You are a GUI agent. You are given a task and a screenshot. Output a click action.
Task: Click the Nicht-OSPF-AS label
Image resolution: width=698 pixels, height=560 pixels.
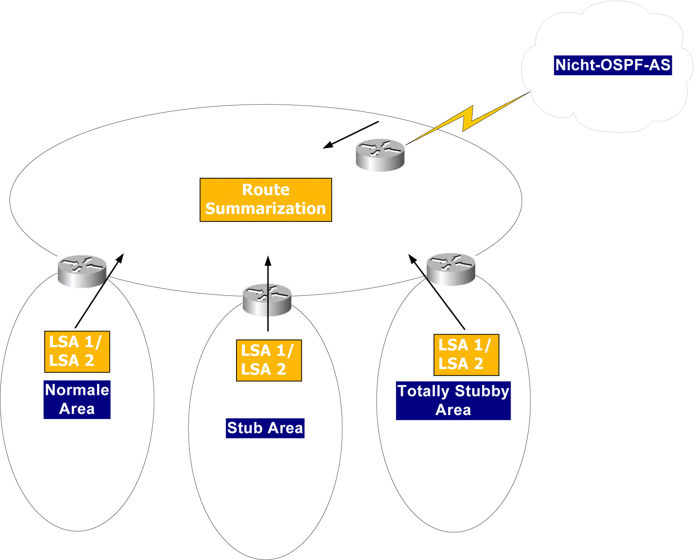point(612,65)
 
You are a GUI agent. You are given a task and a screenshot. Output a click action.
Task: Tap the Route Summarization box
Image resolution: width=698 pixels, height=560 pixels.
point(265,200)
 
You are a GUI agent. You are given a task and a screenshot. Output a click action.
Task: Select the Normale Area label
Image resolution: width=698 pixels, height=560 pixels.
point(77,399)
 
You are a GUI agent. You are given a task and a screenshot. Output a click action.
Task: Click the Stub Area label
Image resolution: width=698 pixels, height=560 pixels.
point(265,428)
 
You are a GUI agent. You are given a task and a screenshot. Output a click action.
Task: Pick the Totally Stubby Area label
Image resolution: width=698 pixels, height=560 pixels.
point(453,400)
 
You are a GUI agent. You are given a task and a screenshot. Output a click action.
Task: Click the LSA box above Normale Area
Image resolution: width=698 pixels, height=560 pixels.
point(77,352)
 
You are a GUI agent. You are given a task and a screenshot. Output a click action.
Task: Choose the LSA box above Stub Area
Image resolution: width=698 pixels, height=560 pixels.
point(269,360)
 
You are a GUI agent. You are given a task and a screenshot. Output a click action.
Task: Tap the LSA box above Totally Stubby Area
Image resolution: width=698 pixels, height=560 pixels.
point(466,355)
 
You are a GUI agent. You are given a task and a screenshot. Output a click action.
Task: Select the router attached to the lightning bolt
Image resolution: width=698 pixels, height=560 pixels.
point(380,155)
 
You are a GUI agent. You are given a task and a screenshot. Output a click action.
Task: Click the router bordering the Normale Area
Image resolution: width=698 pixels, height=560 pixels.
point(82,271)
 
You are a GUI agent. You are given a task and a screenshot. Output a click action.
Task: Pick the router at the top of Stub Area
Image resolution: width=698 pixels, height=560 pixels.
point(267,300)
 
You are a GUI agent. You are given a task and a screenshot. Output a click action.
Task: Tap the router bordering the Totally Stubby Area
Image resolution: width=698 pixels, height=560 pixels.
point(451,269)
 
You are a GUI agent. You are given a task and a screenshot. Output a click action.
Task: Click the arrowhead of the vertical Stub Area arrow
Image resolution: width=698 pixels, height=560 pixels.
point(268,260)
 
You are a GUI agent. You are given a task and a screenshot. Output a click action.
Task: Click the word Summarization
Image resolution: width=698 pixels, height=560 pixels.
point(265,209)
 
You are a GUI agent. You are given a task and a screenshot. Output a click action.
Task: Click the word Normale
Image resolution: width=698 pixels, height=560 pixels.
point(77,390)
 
